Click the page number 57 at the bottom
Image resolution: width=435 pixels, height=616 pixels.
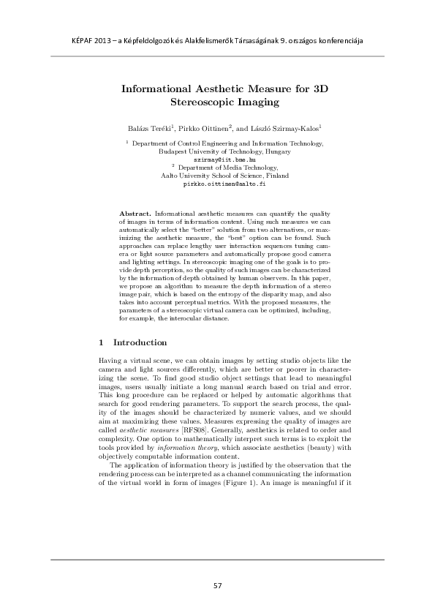tap(217, 585)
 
